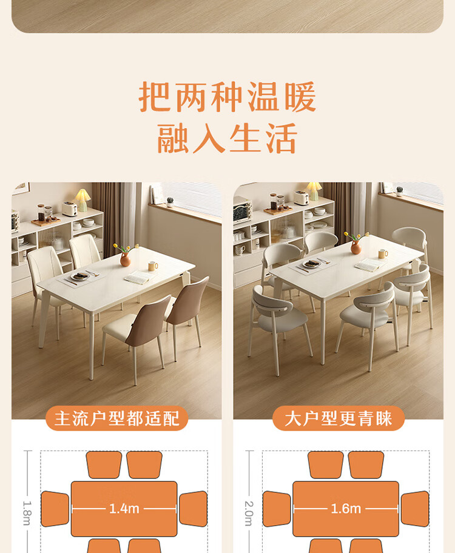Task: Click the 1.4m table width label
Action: click(x=124, y=509)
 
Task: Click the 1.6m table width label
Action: click(x=346, y=509)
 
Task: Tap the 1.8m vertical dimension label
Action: click(x=27, y=513)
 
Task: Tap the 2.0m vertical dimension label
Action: click(x=249, y=514)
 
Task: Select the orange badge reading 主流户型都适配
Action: click(x=117, y=418)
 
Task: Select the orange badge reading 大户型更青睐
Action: click(x=338, y=418)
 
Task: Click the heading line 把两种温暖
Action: click(x=227, y=96)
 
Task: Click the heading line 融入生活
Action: click(x=227, y=138)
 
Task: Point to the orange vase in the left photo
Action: click(x=126, y=260)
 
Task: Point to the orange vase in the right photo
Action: click(x=356, y=247)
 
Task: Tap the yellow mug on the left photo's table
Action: click(x=152, y=266)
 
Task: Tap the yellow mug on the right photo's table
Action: click(x=383, y=253)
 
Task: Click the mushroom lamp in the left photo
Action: click(x=83, y=200)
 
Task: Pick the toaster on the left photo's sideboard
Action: click(x=70, y=209)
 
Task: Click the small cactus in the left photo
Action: click(x=170, y=202)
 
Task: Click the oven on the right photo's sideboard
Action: click(x=242, y=210)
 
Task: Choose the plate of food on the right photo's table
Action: click(x=311, y=264)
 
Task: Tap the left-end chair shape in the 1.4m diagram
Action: click(x=55, y=509)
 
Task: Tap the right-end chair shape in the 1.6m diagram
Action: click(x=415, y=509)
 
